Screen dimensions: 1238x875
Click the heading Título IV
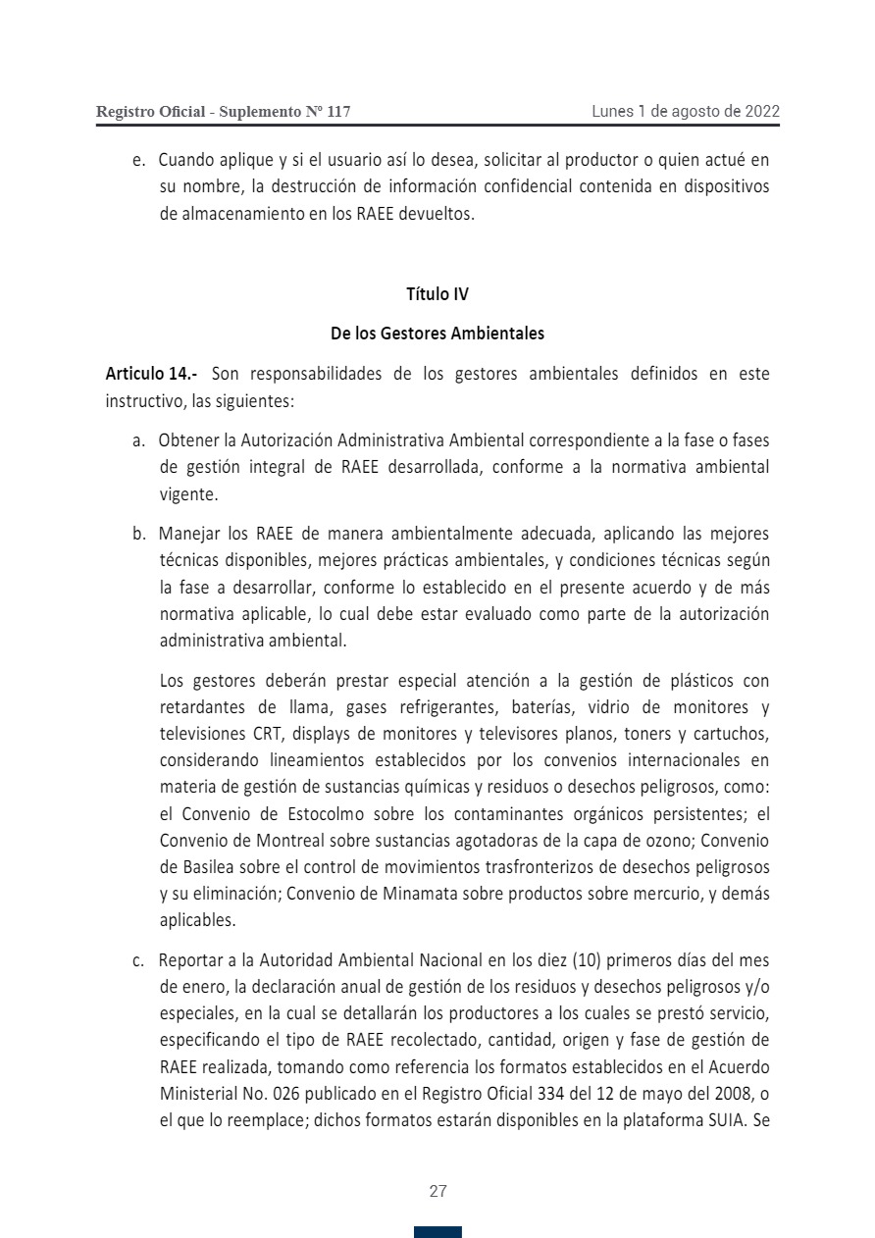pyautogui.click(x=437, y=293)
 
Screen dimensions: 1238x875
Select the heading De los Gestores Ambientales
pyautogui.click(x=437, y=334)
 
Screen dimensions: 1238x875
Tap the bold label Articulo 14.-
pyautogui.click(x=151, y=374)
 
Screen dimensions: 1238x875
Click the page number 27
pyautogui.click(x=437, y=1192)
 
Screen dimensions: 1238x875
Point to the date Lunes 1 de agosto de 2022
pyautogui.click(x=686, y=111)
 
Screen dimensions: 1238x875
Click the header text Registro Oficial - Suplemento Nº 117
pyautogui.click(x=223, y=112)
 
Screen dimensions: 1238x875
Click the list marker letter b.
pyautogui.click(x=138, y=535)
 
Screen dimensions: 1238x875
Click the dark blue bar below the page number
pyautogui.click(x=437, y=1232)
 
